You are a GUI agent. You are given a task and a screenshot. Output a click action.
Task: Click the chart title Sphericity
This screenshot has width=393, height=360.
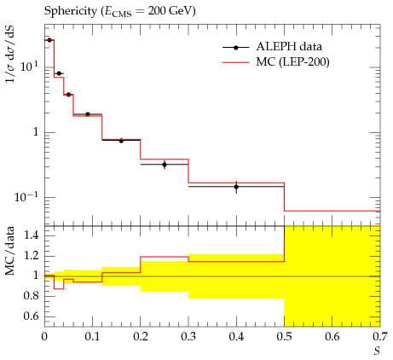coord(71,11)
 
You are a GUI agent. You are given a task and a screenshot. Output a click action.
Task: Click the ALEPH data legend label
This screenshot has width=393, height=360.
coord(289,46)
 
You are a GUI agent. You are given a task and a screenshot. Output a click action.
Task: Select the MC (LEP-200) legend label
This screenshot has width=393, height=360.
coord(292,61)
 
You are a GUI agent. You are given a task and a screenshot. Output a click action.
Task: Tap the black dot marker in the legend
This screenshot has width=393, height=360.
coord(235,48)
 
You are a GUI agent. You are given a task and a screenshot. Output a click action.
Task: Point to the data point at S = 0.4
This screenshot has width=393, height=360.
coord(236,187)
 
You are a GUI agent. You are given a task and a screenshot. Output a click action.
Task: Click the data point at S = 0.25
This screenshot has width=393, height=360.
coord(165,165)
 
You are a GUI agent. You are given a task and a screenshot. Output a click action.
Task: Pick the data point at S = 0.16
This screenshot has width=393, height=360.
coord(121,141)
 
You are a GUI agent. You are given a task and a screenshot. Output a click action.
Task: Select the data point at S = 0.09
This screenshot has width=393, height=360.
coord(88,114)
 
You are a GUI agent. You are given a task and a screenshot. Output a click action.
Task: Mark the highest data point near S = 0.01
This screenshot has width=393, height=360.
coord(49,40)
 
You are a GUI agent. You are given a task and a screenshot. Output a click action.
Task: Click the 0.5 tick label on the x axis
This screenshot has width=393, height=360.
coord(284,337)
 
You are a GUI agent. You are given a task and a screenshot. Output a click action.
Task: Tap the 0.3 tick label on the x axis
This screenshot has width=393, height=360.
coord(188,337)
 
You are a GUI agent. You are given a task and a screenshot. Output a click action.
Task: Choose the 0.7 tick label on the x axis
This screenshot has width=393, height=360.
coord(380,337)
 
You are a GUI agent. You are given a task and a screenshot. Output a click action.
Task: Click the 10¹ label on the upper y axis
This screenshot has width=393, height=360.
coord(29,67)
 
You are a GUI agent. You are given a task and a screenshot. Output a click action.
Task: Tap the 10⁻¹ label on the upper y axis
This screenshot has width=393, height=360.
coord(26,196)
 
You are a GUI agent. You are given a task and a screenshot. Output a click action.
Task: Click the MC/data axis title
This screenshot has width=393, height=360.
coord(10,251)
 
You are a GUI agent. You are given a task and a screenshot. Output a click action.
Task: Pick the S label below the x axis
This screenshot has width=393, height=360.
coord(377,351)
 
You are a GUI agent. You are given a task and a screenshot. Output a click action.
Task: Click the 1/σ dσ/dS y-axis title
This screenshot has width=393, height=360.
coord(10,55)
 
